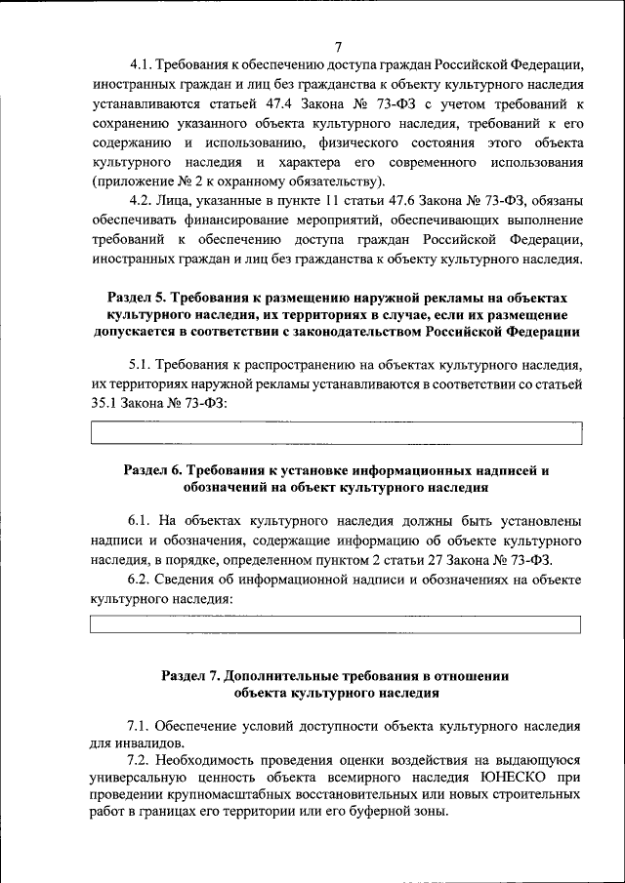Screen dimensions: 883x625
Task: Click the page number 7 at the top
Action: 337,47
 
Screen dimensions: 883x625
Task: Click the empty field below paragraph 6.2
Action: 336,624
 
